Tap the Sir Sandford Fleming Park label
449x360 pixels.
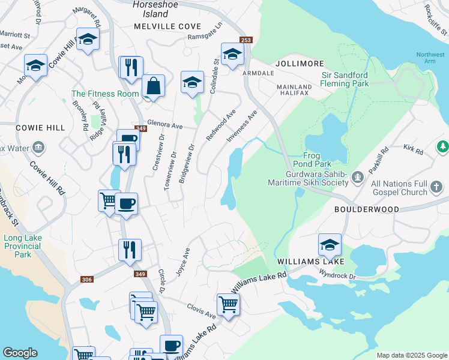pyautogui.click(x=345, y=80)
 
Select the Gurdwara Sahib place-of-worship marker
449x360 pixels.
pyautogui.click(x=358, y=176)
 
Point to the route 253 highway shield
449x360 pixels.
pyautogui.click(x=246, y=40)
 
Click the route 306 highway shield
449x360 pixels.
pyautogui.click(x=87, y=280)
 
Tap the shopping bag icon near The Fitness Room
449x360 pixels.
pyautogui.click(x=154, y=86)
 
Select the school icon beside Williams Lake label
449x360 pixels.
pyautogui.click(x=330, y=244)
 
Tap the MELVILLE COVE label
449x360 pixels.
pyautogui.click(x=167, y=26)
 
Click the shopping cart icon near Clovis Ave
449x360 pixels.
pyautogui.click(x=228, y=304)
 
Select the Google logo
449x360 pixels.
pyautogui.click(x=20, y=353)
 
